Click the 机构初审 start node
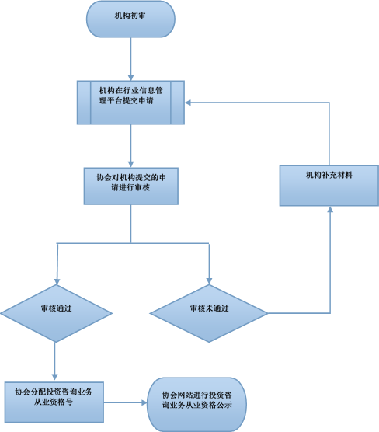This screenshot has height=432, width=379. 130,19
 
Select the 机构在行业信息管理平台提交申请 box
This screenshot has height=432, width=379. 130,103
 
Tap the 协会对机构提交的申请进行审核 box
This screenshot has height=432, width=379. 131,186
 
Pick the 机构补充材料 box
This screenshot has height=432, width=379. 329,186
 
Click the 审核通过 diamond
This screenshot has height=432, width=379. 56,313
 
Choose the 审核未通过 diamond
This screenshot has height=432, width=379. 209,313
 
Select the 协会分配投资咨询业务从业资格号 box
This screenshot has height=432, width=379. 54,402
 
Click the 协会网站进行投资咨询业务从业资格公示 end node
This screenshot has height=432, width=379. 197,404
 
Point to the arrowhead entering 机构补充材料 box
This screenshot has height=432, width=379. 330,209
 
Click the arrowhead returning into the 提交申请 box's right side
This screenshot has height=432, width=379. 188,103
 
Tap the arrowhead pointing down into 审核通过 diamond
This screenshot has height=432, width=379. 57,281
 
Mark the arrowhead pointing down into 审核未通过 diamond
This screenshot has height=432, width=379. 209,281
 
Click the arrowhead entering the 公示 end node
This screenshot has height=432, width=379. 144,402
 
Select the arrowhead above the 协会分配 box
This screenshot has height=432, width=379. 54,377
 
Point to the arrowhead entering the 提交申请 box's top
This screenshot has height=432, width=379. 130,78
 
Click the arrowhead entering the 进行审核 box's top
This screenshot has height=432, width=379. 130,165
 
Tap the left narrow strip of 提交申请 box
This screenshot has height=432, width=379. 84,103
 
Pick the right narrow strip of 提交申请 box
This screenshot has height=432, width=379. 177,103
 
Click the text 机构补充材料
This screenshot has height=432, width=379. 329,175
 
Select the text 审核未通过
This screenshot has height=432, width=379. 210,308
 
